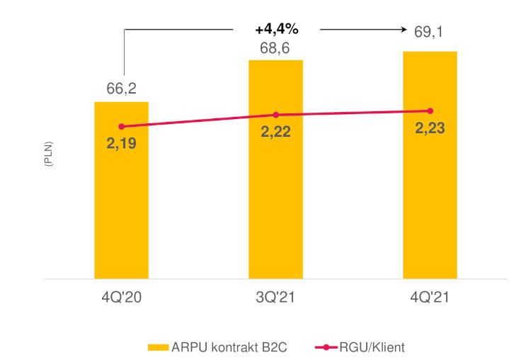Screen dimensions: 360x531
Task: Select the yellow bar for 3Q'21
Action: click(x=275, y=184)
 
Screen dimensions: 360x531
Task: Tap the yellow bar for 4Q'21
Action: click(x=430, y=177)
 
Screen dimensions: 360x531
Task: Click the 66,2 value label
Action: click(x=121, y=89)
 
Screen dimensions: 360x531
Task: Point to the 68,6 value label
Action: click(x=275, y=47)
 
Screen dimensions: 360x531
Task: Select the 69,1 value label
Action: click(x=430, y=31)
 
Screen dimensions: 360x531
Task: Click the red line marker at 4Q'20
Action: click(x=121, y=126)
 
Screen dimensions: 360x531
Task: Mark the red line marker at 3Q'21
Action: click(x=275, y=115)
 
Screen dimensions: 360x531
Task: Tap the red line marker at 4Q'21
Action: click(x=430, y=111)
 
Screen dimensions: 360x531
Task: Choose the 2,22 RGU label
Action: click(x=275, y=131)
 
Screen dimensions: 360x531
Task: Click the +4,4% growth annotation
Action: click(x=277, y=30)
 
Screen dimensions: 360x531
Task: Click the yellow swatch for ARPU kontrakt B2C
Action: click(x=157, y=347)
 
